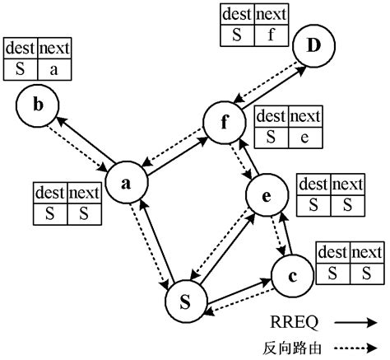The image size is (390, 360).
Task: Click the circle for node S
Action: [x=185, y=302]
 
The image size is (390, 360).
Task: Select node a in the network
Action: [x=126, y=185]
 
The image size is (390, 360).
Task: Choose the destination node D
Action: [x=313, y=46]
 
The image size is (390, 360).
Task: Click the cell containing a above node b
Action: [x=53, y=69]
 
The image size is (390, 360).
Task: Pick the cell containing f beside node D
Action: [x=270, y=35]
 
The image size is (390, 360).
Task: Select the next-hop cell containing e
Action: [x=304, y=138]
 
